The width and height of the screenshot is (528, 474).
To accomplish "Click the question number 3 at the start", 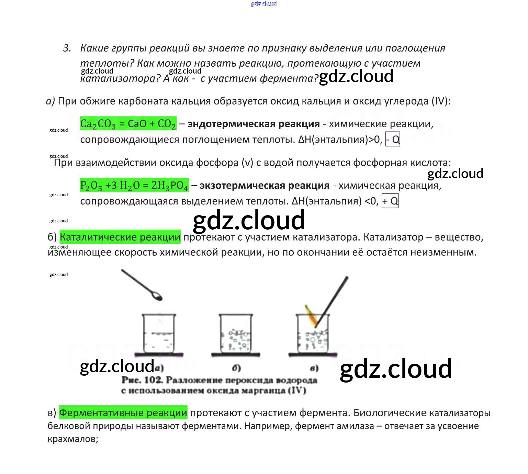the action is point(67,48).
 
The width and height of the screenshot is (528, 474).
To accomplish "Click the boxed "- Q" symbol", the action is point(393,139).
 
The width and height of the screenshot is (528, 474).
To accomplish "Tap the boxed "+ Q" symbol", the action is point(390,201).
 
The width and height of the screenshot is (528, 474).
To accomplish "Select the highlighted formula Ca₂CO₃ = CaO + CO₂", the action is point(128,124).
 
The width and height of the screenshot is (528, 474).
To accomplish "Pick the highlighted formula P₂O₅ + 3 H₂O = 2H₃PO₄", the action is point(134,185).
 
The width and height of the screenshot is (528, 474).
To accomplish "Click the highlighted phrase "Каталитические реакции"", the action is point(120,237).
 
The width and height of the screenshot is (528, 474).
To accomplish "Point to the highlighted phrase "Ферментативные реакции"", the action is point(123,412).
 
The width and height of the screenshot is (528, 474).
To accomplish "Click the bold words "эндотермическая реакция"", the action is point(254,124).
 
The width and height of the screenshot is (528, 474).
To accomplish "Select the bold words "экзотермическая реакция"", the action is point(265,185).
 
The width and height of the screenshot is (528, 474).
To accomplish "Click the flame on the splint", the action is point(310,316).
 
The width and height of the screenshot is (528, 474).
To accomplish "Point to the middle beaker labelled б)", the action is point(236,334).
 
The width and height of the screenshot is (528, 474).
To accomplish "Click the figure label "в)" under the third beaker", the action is point(314,368).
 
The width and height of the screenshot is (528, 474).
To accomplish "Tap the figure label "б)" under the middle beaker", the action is point(236,368).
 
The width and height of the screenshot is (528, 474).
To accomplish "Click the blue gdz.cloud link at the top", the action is point(264,4).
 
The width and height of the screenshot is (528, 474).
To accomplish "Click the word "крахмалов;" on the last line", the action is point(73,439).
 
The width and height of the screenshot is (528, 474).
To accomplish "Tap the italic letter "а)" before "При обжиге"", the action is point(50,101).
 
